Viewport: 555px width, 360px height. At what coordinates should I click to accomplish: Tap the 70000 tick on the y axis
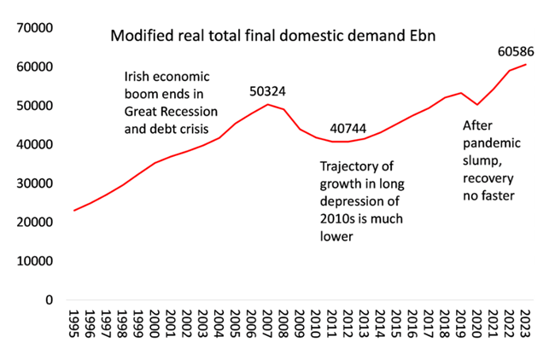[x=36, y=27]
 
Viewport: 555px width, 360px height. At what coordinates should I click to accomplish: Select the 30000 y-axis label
[x=36, y=183]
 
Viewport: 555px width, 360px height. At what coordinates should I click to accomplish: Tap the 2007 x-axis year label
[x=268, y=328]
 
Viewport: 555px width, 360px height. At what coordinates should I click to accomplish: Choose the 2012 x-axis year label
[x=348, y=328]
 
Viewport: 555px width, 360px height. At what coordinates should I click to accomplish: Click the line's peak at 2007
[x=268, y=104]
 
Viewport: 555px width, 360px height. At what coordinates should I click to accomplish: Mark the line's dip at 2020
[x=477, y=104]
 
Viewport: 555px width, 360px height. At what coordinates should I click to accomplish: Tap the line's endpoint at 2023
[x=525, y=65]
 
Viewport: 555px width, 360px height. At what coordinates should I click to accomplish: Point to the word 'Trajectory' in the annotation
[x=348, y=166]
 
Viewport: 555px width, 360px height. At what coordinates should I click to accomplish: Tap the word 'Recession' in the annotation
[x=190, y=112]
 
